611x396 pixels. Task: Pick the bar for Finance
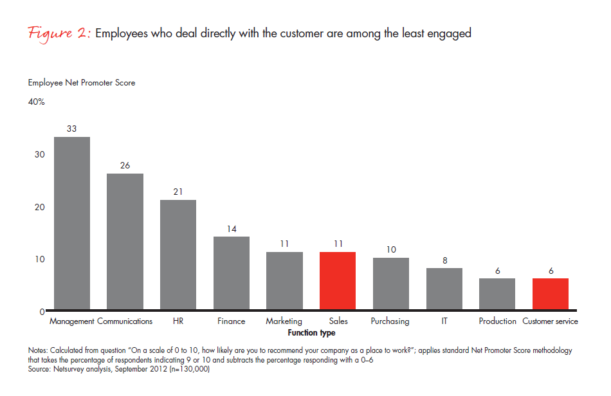click(x=232, y=273)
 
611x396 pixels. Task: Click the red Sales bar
click(x=338, y=281)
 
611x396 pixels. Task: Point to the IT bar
click(x=444, y=289)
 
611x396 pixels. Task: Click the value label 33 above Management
click(x=71, y=129)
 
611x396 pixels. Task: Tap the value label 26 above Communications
click(x=125, y=165)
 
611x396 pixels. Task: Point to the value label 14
click(x=232, y=228)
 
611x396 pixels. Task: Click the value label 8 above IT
click(x=444, y=260)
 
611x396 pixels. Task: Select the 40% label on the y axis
click(x=36, y=102)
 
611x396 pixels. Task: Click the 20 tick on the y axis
click(x=39, y=207)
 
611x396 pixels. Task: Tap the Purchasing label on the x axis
click(x=390, y=321)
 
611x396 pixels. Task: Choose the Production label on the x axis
click(x=497, y=321)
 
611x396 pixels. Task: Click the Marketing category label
click(x=284, y=321)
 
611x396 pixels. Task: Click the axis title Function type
click(x=311, y=333)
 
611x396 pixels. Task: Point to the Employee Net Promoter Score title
click(x=82, y=82)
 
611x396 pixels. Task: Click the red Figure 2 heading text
click(x=59, y=33)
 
